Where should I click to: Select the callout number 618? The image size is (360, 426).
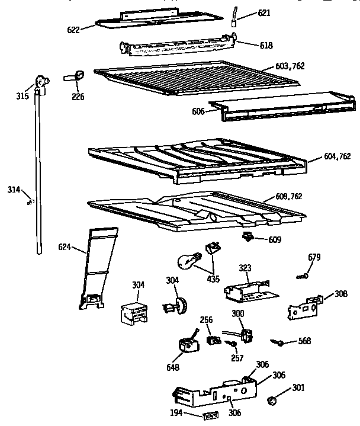pyautogui.click(x=250, y=44)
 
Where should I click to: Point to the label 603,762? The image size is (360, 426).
pyautogui.click(x=290, y=66)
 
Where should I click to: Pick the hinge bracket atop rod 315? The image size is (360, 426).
pyautogui.click(x=41, y=83)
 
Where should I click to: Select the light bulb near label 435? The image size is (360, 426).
pyautogui.click(x=188, y=261)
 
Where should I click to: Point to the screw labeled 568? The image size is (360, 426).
pyautogui.click(x=276, y=341)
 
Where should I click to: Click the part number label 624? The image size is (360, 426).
pyautogui.click(x=65, y=246)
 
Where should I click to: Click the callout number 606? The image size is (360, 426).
pyautogui.click(x=197, y=111)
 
